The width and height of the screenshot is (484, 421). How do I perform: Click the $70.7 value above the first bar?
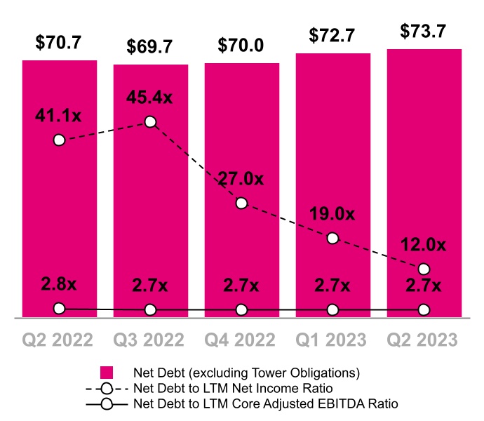click(x=59, y=43)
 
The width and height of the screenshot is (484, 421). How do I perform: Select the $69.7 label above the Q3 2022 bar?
click(x=150, y=47)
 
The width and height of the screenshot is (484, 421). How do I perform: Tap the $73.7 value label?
click(x=424, y=32)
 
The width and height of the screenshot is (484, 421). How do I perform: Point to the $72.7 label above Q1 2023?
click(x=332, y=36)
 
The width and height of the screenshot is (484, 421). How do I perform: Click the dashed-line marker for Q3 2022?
click(x=150, y=122)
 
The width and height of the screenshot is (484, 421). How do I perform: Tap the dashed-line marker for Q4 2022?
click(x=241, y=203)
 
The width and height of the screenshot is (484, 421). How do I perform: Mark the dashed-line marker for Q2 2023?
click(x=424, y=269)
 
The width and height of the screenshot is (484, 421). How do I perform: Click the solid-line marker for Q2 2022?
click(x=59, y=308)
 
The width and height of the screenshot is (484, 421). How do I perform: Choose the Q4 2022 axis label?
click(x=241, y=340)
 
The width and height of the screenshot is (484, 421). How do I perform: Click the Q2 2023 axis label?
click(x=424, y=340)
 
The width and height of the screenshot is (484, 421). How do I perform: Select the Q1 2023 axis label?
click(x=332, y=340)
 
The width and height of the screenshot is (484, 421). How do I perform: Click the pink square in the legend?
click(x=107, y=372)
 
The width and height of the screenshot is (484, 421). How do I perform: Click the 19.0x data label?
click(x=332, y=214)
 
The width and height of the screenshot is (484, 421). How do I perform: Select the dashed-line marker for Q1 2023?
click(x=332, y=239)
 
